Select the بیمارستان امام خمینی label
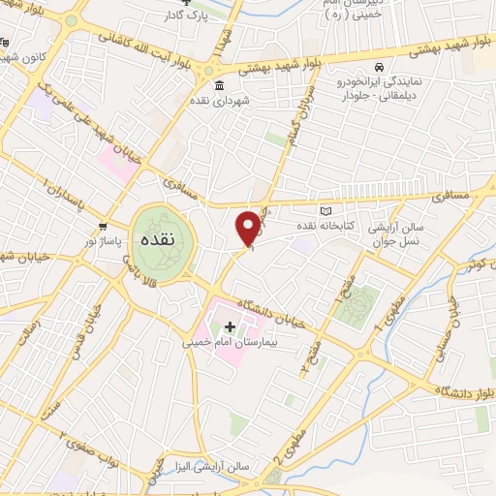[231, 343]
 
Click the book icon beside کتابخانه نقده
[325, 212]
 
